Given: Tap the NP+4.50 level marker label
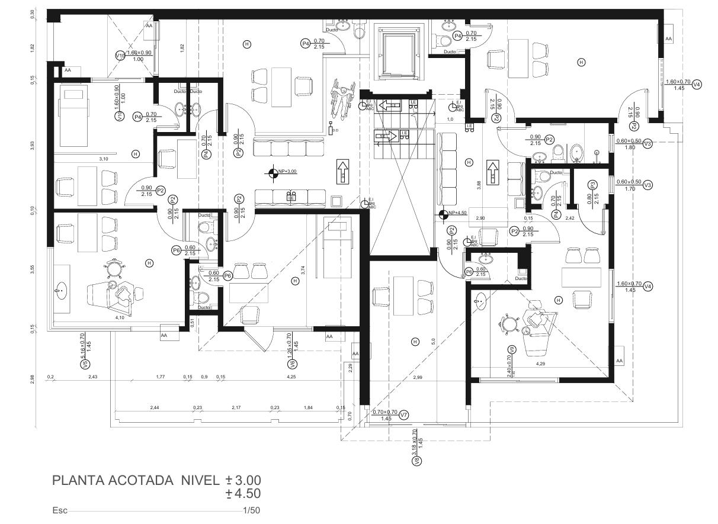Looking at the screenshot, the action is pyautogui.click(x=458, y=213).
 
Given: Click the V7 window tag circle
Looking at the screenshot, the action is pyautogui.click(x=403, y=414).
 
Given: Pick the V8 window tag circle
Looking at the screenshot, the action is pyautogui.click(x=416, y=461).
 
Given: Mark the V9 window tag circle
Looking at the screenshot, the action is pyautogui.click(x=512, y=349).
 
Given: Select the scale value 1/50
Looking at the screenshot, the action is pyautogui.click(x=251, y=510).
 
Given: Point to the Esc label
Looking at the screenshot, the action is pyautogui.click(x=60, y=510).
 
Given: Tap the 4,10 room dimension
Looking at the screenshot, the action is pyautogui.click(x=120, y=318).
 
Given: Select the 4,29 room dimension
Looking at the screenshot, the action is pyautogui.click(x=540, y=364).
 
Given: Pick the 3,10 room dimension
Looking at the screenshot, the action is pyautogui.click(x=103, y=158).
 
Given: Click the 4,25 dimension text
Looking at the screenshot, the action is pyautogui.click(x=291, y=377).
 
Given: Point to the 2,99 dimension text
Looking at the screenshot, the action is pyautogui.click(x=418, y=377).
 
